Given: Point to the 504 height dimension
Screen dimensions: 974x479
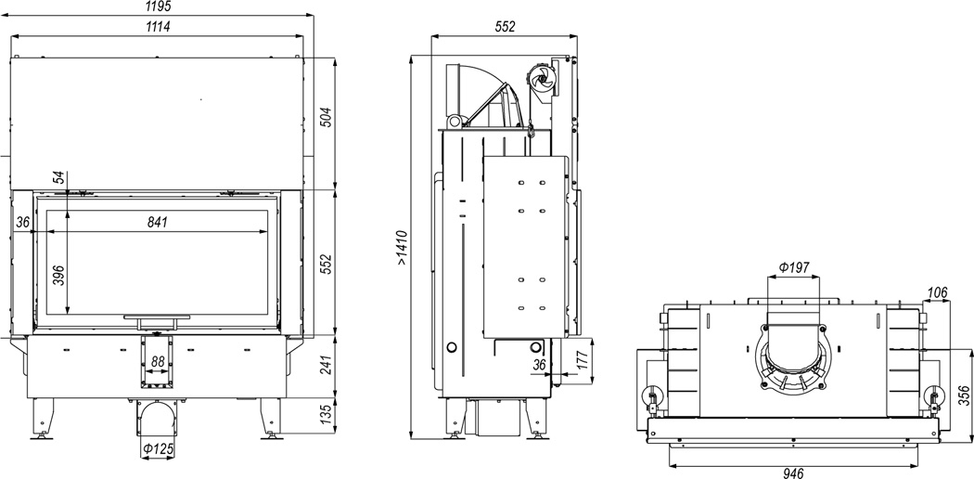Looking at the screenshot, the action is (x=325, y=117).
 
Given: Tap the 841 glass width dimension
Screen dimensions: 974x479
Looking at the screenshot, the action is (x=158, y=222).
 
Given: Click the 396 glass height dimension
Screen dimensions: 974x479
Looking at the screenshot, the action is (x=58, y=275).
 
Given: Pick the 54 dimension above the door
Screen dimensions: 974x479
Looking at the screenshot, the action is (x=58, y=177).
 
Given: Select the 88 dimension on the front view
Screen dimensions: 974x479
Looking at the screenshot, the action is (x=158, y=362).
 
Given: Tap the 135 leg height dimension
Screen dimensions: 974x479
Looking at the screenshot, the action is (x=325, y=413).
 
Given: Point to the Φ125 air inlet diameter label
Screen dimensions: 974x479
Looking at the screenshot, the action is (x=158, y=448).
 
